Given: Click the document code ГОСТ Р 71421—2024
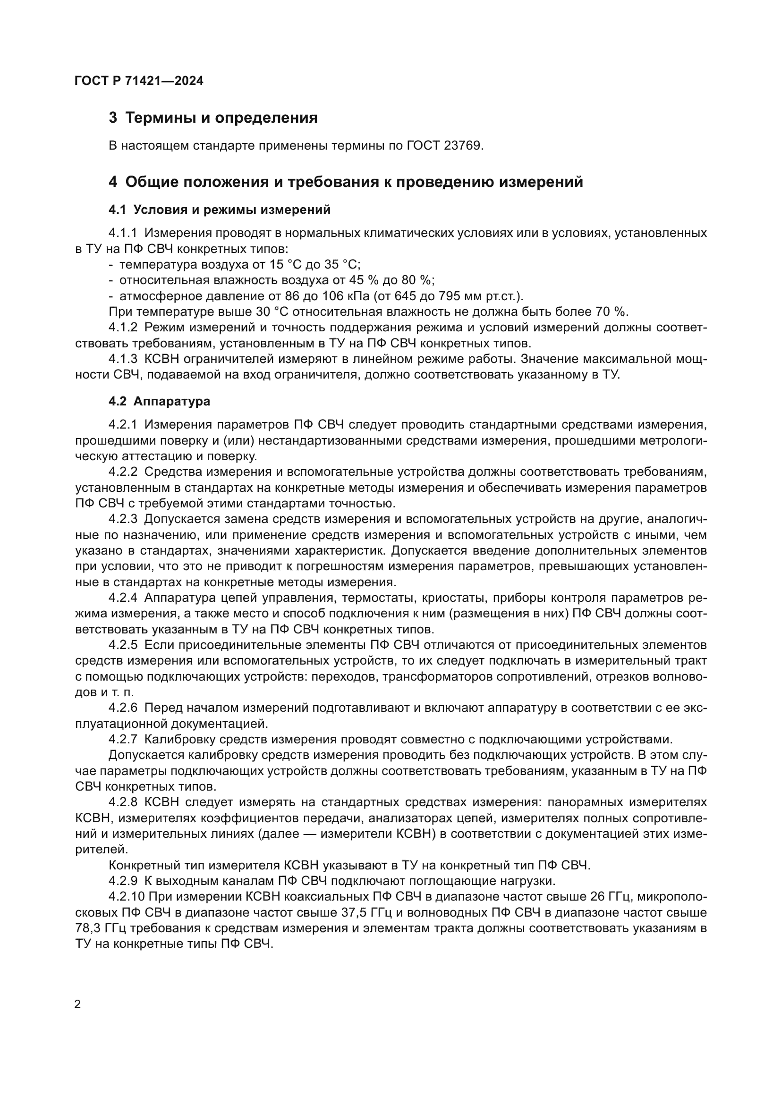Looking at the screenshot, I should coord(139,81).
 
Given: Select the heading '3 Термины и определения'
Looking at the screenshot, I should coord(213,118).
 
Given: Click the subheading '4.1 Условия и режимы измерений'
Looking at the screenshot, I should coord(220,210).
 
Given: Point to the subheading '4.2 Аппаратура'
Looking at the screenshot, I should coord(159,401).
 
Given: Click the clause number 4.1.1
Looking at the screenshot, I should coord(123,233).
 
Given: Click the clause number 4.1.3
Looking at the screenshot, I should coord(123,359).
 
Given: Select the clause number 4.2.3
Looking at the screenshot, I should coord(123,519).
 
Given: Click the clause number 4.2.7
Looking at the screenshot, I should coord(123,740).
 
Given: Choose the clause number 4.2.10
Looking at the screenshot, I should coord(126,897).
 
